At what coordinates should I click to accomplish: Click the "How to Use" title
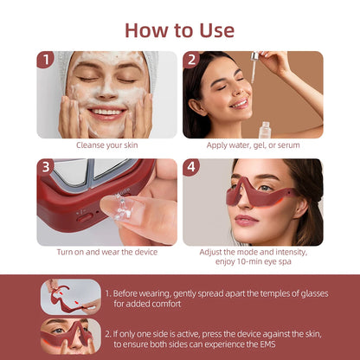179,29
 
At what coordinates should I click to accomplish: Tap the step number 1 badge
46,60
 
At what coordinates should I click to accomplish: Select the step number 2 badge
192,60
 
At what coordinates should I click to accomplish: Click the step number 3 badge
46,168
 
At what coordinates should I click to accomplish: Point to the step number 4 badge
192,168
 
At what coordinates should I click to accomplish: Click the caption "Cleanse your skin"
106,145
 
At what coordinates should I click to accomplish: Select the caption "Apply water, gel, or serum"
253,145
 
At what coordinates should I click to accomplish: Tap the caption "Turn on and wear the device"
106,253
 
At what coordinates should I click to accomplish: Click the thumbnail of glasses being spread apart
69,295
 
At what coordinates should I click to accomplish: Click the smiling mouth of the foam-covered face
106,112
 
